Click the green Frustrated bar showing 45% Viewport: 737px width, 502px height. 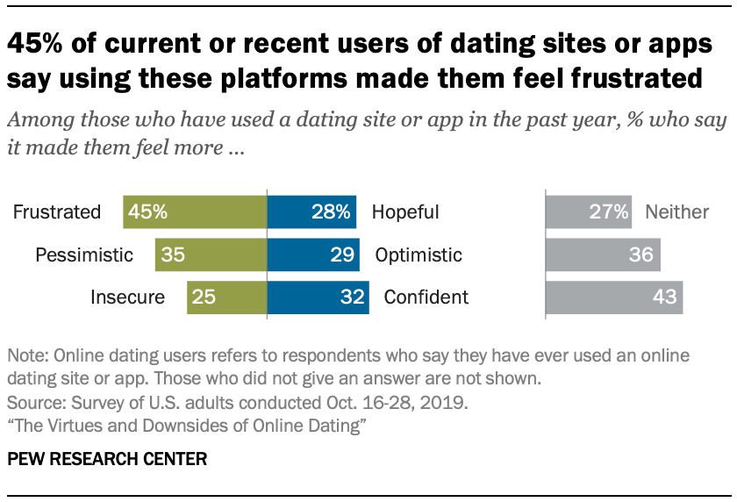coord(195,212)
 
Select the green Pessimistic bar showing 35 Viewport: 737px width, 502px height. coord(211,255)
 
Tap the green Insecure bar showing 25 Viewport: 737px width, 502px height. coord(226,298)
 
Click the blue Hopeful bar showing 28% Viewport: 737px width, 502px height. coord(311,212)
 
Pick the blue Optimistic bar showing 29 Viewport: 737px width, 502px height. coord(313,255)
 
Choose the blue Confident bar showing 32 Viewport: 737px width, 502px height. coord(318,298)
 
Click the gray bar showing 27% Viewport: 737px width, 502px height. coord(589,212)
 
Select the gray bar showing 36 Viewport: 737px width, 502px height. coord(603,255)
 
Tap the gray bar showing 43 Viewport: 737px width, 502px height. coord(614,298)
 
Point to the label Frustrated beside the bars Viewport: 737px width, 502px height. coord(57,212)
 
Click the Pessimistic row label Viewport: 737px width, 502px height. coord(84,255)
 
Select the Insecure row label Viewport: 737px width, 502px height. coord(127,298)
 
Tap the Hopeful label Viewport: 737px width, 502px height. coord(405,212)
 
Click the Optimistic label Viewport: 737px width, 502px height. coord(419,255)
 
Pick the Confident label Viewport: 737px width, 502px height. coord(426,298)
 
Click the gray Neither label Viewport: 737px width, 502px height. coord(676,212)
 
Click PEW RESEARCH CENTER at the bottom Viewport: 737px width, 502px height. coord(107,459)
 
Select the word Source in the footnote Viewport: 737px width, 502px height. coord(32,404)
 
